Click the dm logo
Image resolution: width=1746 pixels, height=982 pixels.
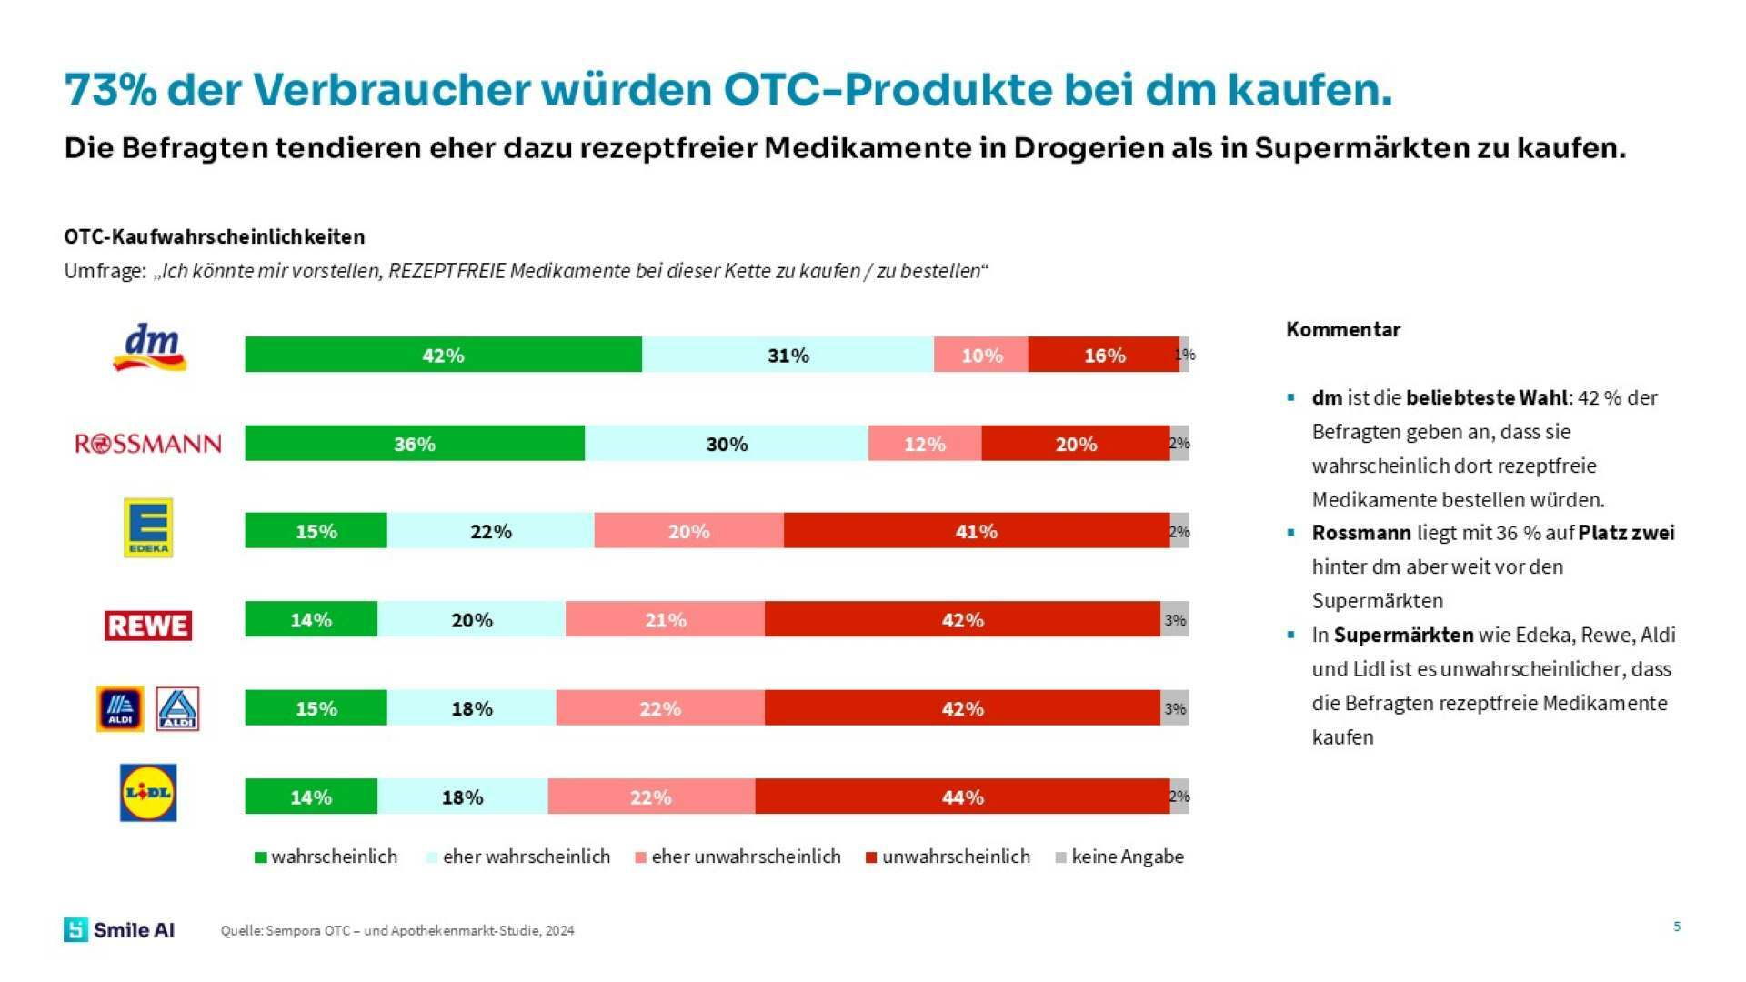[150, 347]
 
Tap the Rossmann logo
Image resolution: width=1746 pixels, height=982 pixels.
[148, 444]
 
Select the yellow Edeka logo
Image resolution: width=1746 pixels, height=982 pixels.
[148, 527]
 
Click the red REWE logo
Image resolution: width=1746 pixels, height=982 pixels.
[148, 626]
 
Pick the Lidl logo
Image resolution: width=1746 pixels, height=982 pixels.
[148, 793]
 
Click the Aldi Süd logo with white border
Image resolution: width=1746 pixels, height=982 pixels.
[177, 709]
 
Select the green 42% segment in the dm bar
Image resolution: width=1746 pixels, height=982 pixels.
[443, 355]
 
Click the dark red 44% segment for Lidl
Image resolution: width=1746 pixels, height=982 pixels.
[962, 797]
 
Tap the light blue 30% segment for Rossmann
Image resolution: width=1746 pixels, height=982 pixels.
[727, 444]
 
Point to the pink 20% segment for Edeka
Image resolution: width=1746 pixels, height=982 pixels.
[688, 531]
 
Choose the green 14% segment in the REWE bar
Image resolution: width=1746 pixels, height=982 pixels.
[311, 620]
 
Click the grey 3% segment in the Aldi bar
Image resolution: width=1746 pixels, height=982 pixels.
[1175, 708]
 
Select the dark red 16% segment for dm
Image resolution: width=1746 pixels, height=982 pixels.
[1104, 355]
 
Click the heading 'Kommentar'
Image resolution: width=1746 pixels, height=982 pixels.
[1343, 329]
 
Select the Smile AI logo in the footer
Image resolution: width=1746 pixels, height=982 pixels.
[119, 929]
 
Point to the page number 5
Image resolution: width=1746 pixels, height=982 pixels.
[1677, 927]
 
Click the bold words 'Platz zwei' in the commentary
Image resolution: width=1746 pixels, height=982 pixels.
[1626, 533]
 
